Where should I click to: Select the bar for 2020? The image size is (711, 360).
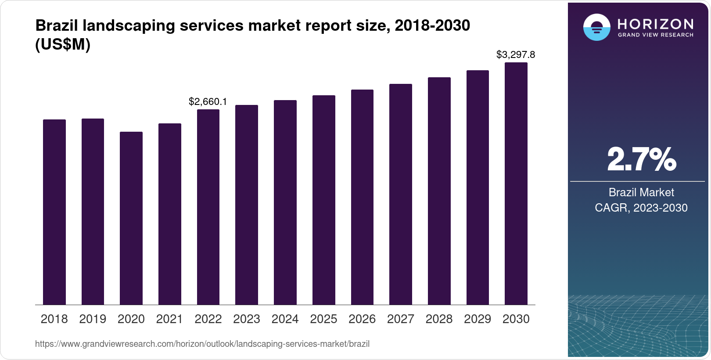pos(131,218)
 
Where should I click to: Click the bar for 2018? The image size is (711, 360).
pos(54,212)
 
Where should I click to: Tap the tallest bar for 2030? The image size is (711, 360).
pos(516,184)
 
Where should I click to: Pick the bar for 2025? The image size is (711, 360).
pos(324,200)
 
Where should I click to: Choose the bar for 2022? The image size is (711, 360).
pos(208,207)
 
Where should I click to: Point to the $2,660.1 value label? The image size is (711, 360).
pos(208,102)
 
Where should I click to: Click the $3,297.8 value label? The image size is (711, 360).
pos(516,55)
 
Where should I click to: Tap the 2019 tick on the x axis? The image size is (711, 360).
pos(93,319)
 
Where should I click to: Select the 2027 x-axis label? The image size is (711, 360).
pos(401,319)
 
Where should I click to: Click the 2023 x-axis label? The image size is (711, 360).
pos(247,319)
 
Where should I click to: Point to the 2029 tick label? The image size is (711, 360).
pos(478,319)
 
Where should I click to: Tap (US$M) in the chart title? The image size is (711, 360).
pos(63,45)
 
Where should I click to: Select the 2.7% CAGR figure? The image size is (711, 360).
pos(641,159)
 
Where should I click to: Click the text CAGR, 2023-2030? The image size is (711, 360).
pos(641,208)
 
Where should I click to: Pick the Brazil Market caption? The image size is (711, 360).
pos(641,192)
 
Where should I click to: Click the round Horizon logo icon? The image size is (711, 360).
pos(596,27)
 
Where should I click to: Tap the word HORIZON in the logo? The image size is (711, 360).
pos(656,24)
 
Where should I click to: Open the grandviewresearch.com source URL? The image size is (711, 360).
pos(202,344)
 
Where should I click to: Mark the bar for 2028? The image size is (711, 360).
pos(439,191)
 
